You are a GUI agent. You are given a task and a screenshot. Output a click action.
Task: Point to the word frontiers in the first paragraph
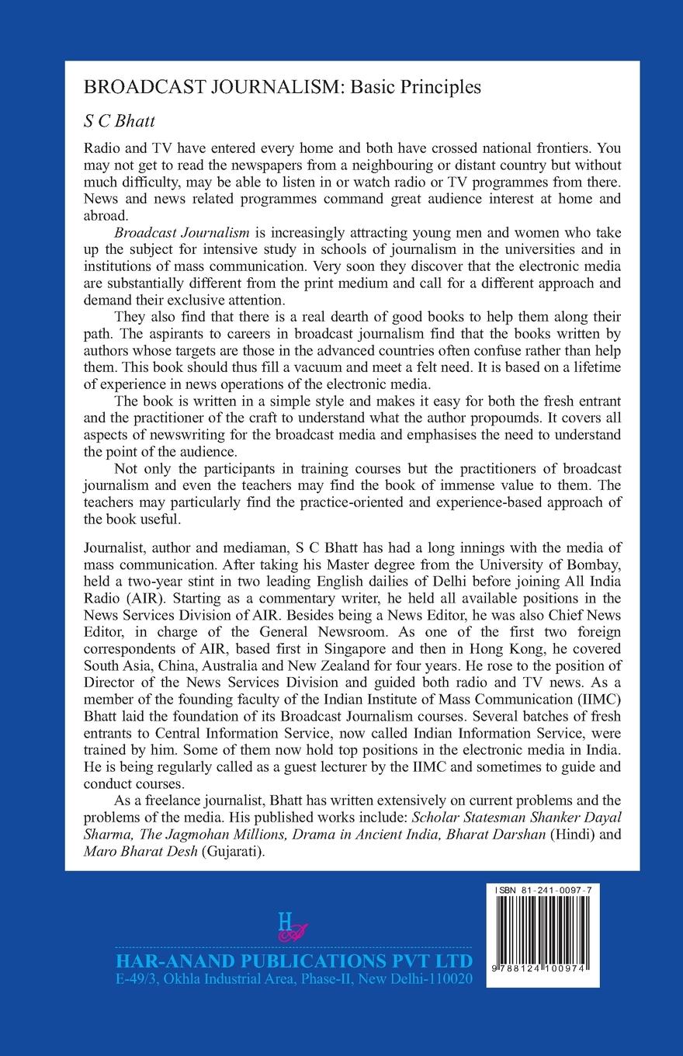click(x=569, y=148)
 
